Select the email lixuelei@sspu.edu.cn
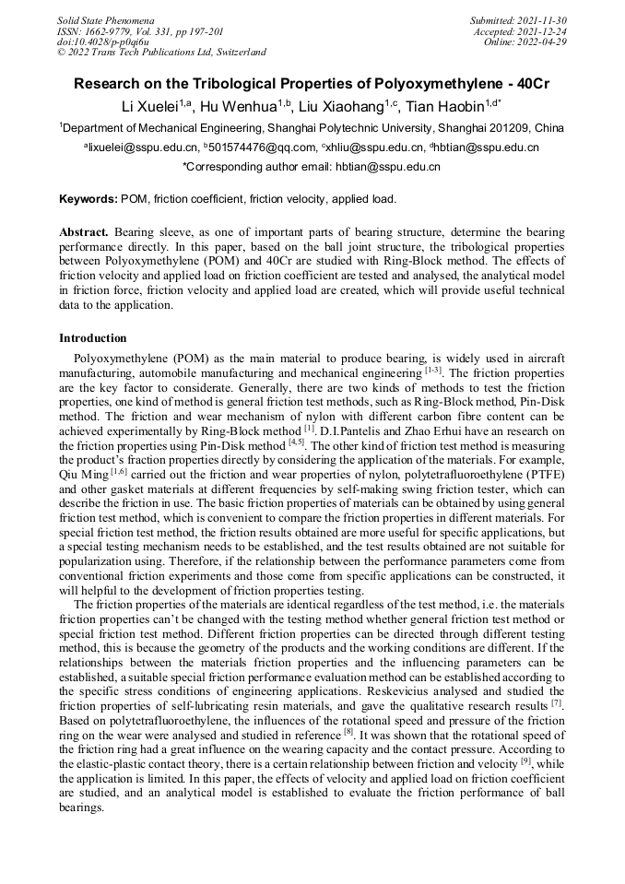143,147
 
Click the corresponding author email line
312,167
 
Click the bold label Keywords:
88,199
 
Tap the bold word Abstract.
84,232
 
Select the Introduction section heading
93,338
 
